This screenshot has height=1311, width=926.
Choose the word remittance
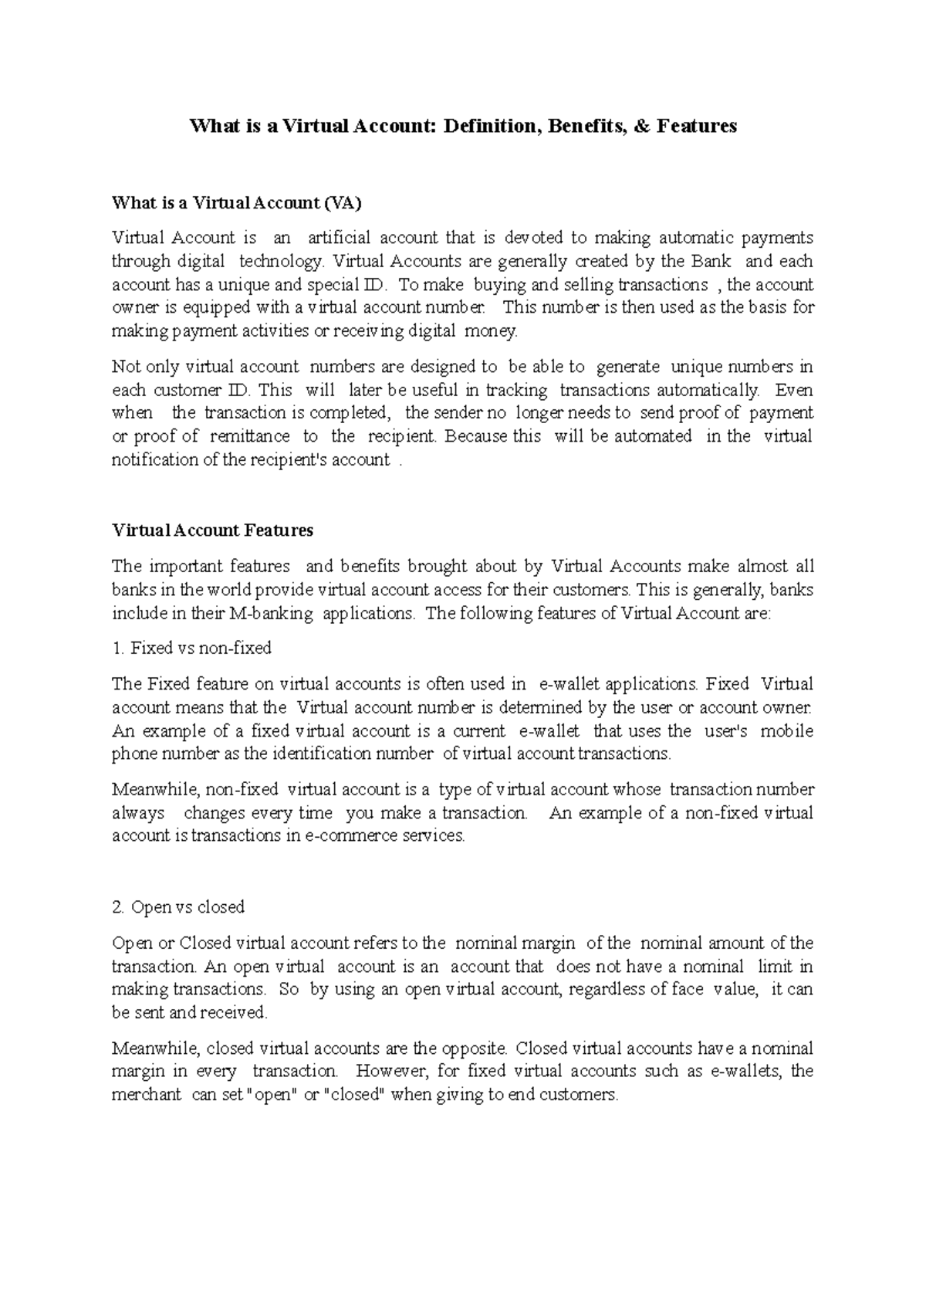click(x=251, y=436)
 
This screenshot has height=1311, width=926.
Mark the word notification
click(x=155, y=460)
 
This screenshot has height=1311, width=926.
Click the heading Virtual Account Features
click(x=212, y=531)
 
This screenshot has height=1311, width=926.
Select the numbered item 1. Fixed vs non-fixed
click(x=191, y=649)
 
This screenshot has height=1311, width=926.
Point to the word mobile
click(x=786, y=731)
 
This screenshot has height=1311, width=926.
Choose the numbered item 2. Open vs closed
click(x=177, y=907)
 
